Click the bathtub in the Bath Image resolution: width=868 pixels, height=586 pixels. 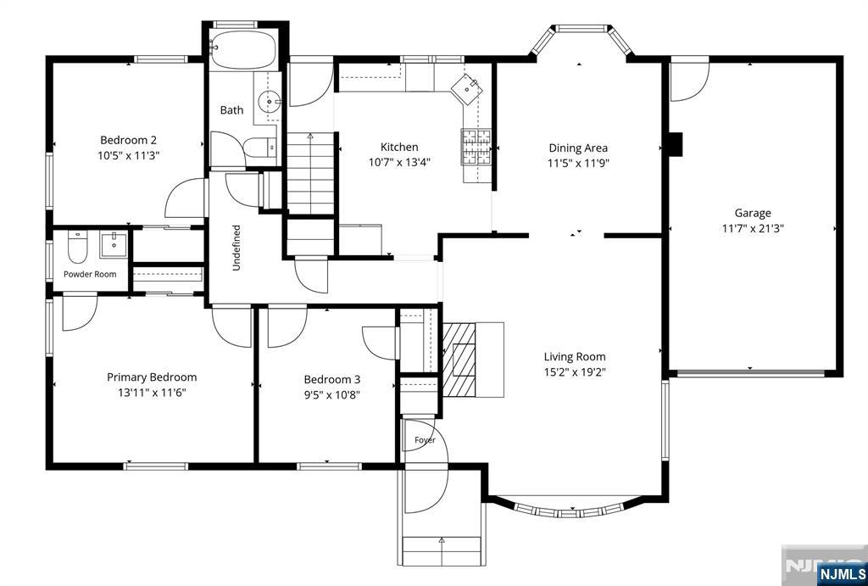[243, 49]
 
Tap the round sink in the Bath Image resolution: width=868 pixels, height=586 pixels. [270, 102]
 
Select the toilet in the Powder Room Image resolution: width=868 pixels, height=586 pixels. [77, 247]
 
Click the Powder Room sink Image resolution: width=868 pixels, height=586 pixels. [114, 244]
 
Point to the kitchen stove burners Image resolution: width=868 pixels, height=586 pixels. [476, 147]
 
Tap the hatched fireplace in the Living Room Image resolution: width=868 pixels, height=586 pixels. [459, 360]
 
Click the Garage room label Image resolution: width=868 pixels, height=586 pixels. [753, 213]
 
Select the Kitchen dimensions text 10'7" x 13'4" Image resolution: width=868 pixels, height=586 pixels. [400, 162]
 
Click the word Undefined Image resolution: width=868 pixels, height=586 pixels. [236, 248]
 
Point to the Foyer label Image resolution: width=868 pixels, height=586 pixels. [426, 440]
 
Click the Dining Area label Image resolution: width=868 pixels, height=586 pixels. [578, 148]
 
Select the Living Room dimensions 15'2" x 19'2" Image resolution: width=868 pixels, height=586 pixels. [575, 371]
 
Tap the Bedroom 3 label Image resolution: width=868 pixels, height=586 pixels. [332, 379]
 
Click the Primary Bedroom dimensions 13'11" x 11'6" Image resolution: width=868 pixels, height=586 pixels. [152, 393]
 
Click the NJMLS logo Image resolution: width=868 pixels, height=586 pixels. [840, 572]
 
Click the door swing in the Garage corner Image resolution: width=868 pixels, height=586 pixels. [690, 81]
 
